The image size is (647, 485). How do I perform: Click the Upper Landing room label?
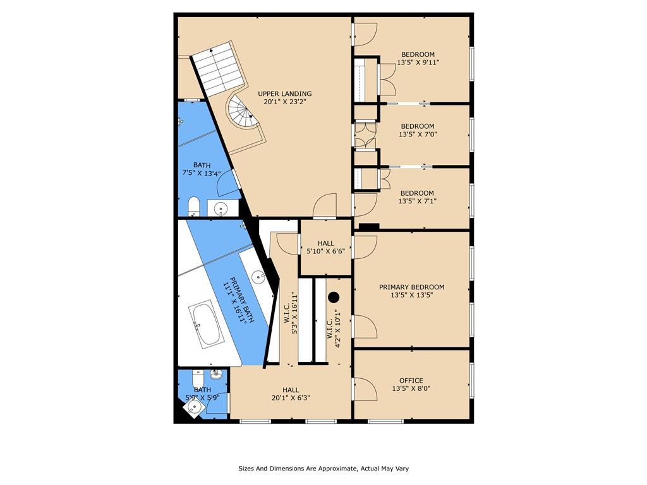[x=285, y=98]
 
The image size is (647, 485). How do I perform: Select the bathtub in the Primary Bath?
[x=204, y=325]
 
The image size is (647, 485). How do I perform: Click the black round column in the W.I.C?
[x=334, y=297]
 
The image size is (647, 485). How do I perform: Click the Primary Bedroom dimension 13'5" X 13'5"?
[x=411, y=295]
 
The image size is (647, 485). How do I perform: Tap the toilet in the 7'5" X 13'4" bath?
[x=193, y=207]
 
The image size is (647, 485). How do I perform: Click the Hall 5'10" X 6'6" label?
[x=325, y=247]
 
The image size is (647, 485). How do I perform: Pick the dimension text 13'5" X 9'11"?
[x=418, y=63]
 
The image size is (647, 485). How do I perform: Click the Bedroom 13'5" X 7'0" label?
[x=418, y=130]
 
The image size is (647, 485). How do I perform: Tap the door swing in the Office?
[x=365, y=389]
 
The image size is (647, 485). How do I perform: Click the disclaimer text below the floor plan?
[x=323, y=469]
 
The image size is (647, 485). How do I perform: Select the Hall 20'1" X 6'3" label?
[x=291, y=394]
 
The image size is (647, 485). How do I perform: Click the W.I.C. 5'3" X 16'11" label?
[x=291, y=313]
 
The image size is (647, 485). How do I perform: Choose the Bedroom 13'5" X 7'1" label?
[x=417, y=197]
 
